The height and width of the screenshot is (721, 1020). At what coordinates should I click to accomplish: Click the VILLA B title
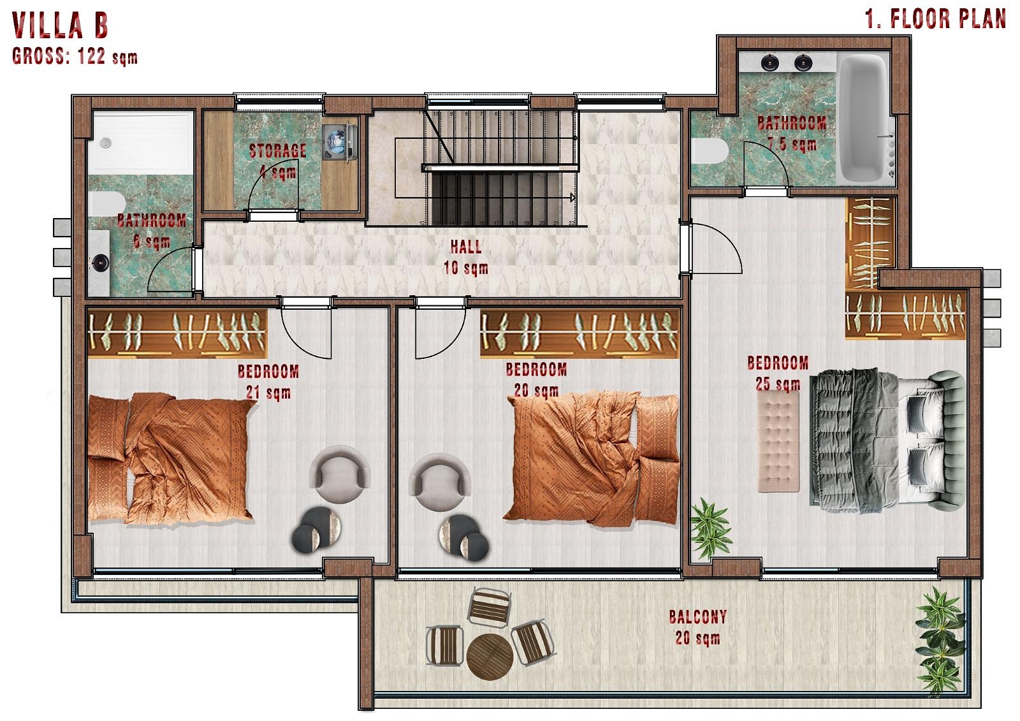pyautogui.click(x=61, y=25)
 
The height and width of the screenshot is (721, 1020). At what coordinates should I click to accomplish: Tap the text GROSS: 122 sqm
pyautogui.click(x=75, y=57)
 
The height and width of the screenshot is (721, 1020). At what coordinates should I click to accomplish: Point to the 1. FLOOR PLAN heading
pyautogui.click(x=935, y=19)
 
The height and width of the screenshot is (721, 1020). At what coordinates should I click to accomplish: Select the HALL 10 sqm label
pyautogui.click(x=466, y=257)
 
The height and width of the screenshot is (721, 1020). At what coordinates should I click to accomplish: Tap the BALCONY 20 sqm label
pyautogui.click(x=697, y=627)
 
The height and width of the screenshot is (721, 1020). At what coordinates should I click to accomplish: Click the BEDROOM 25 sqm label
pyautogui.click(x=777, y=373)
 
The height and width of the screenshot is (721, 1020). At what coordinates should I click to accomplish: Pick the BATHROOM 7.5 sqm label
pyautogui.click(x=792, y=133)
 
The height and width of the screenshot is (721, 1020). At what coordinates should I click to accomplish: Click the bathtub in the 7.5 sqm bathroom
pyautogui.click(x=864, y=119)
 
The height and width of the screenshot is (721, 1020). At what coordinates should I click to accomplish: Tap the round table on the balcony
pyautogui.click(x=490, y=656)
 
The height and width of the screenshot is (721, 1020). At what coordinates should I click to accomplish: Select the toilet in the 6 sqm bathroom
pyautogui.click(x=106, y=203)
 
